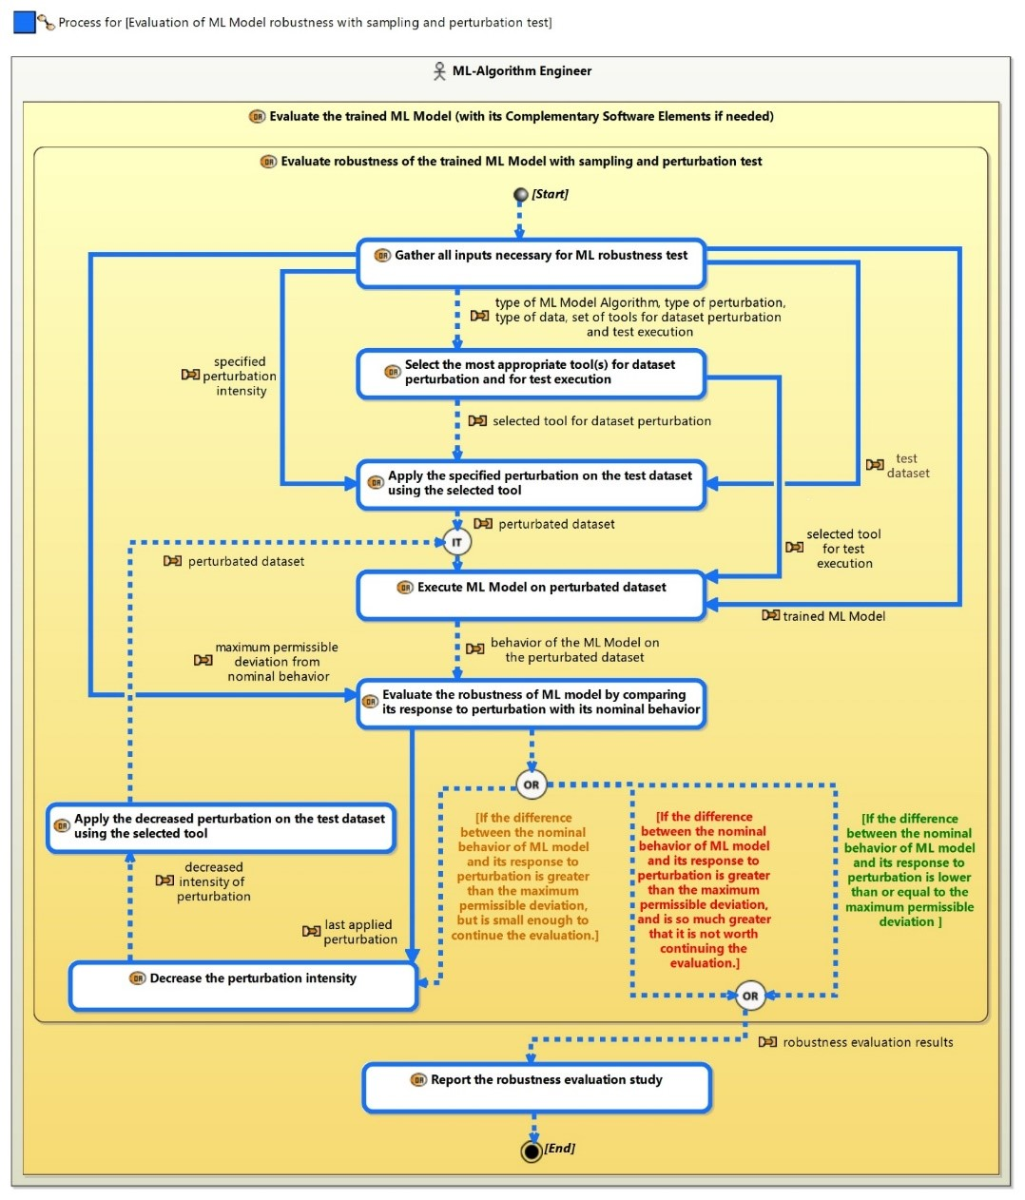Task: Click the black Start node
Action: coord(520,195)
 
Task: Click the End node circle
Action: coord(532,1152)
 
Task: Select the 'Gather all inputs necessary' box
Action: coord(531,263)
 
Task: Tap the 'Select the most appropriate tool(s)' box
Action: coord(531,374)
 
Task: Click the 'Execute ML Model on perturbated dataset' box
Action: coord(531,595)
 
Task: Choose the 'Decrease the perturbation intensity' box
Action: coord(243,985)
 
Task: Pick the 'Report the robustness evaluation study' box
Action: coord(536,1087)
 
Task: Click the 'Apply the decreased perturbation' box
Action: coord(221,827)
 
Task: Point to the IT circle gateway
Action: coord(456,542)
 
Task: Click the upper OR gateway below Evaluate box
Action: coord(531,784)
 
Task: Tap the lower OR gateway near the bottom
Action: coord(750,996)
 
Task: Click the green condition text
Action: coord(909,870)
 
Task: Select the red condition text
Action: coord(704,890)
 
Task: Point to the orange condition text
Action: coord(524,877)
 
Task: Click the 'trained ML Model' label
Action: coord(833,616)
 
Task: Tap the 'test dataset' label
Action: coord(907,466)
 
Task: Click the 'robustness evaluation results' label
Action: coord(867,1042)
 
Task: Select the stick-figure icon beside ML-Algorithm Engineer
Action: coord(438,71)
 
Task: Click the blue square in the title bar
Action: coord(24,22)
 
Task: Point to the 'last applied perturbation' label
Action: coord(359,932)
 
